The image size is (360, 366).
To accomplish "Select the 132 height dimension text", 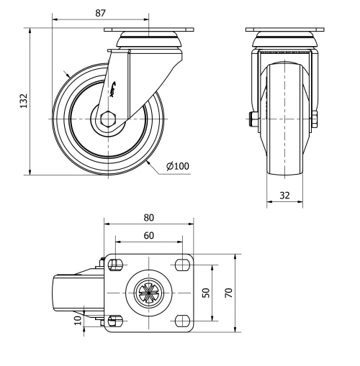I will pos(23,101).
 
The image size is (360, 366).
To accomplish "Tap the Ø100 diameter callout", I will pos(177,166).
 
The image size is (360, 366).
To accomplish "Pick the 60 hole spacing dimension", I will pos(149,235).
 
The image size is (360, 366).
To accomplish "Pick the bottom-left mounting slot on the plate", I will pos(115,320).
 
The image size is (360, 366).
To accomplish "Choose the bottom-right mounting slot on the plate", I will pos(182,320).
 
